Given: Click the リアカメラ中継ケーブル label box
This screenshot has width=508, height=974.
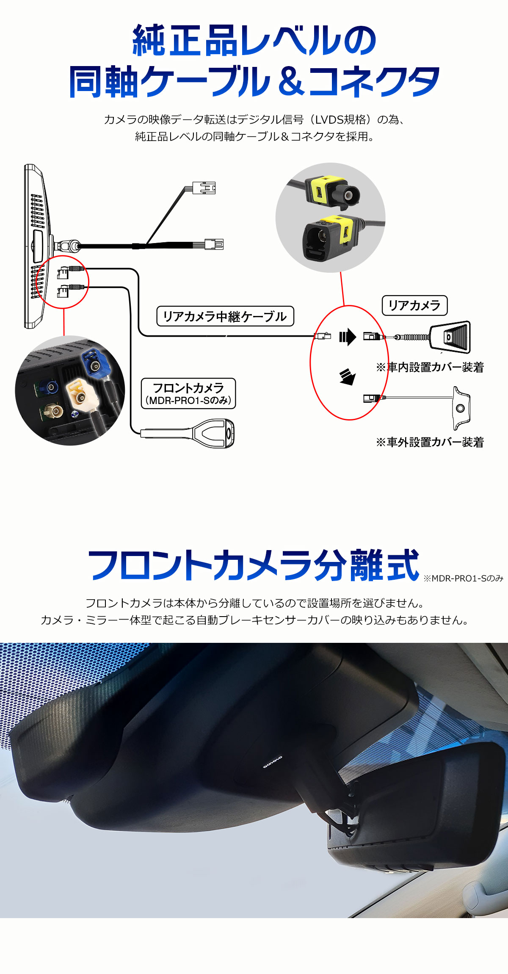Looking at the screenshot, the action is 225,316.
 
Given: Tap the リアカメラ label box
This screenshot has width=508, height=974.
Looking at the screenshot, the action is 415,305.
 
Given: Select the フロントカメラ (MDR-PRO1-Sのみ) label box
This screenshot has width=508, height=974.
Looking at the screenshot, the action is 188,393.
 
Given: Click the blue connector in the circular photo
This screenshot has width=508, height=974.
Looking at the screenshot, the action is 96,363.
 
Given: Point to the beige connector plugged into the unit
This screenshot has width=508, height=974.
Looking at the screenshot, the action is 80,395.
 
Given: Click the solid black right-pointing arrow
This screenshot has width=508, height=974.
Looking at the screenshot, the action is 348,337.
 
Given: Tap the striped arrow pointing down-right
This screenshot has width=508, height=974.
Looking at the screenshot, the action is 348,376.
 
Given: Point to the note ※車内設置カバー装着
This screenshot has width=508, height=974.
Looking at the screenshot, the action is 430,367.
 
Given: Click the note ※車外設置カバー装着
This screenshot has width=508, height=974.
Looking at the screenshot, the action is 430,442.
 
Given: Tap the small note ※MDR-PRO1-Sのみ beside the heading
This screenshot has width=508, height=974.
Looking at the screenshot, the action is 463,578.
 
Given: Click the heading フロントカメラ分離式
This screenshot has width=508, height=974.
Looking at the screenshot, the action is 253,565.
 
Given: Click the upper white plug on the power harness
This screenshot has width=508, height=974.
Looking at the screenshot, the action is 204,188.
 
